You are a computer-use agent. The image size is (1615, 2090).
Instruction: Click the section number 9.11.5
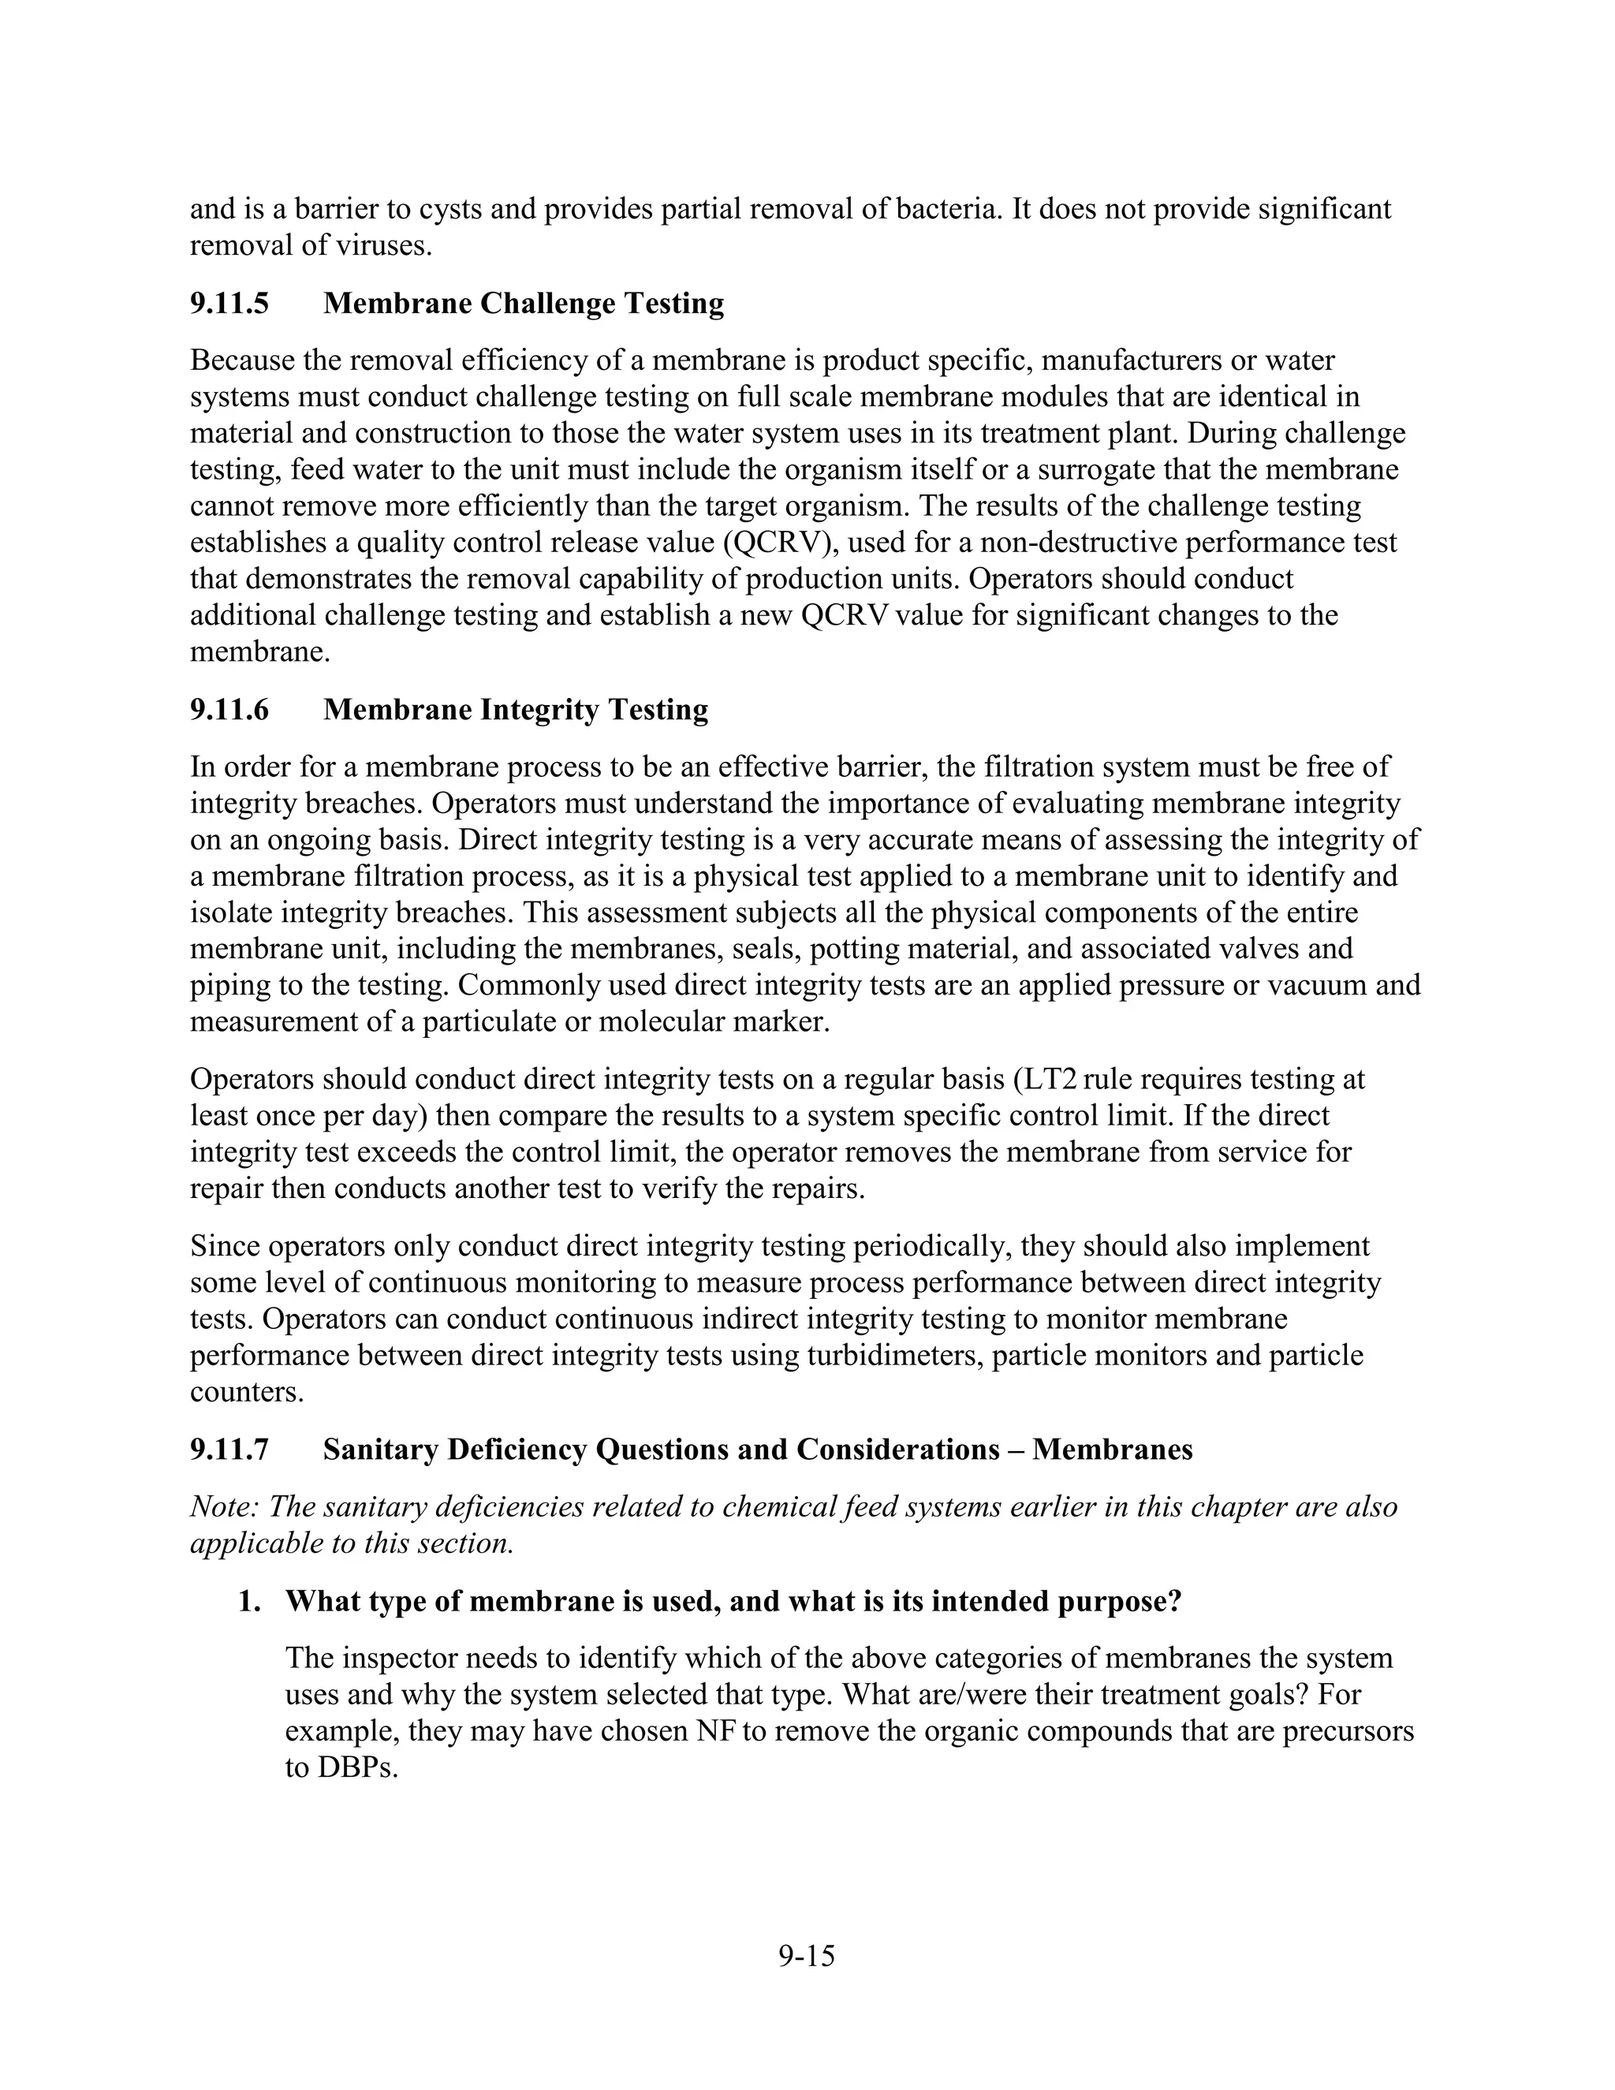tap(229, 304)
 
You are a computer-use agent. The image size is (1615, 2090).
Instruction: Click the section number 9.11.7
tap(229, 1450)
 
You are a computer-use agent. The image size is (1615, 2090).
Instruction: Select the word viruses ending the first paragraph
tap(382, 246)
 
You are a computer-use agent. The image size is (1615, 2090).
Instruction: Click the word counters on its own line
tap(246, 1392)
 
